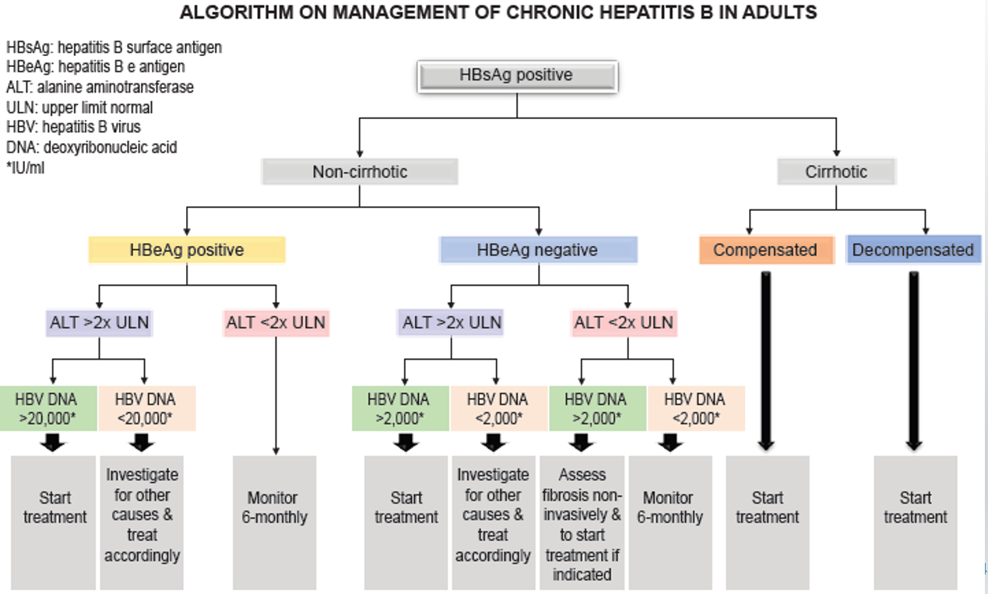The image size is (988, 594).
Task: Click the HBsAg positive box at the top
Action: (x=517, y=76)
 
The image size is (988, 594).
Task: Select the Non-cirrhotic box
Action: (x=360, y=171)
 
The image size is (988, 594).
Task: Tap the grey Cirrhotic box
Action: (x=836, y=171)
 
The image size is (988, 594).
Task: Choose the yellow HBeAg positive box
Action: (x=186, y=250)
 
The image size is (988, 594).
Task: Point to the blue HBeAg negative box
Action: (x=537, y=250)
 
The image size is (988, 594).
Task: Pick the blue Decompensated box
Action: (x=912, y=250)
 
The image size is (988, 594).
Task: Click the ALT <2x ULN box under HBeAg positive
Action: (x=276, y=322)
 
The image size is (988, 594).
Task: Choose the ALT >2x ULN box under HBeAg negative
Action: (x=452, y=322)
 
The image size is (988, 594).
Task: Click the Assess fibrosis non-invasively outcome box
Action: (x=582, y=523)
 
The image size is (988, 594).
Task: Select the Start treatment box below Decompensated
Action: (x=916, y=508)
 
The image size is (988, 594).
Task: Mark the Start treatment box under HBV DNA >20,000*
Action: (x=54, y=508)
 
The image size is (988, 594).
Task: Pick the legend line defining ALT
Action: (x=100, y=87)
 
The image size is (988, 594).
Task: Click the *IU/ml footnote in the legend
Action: (x=25, y=167)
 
